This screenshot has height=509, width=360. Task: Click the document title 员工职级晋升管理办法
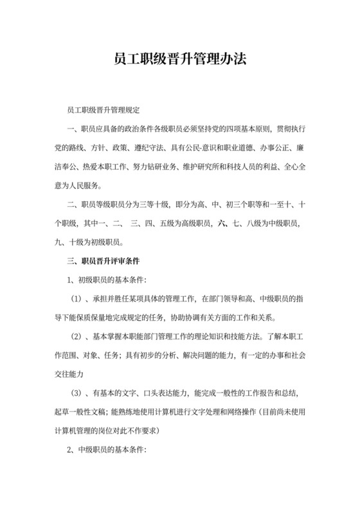coord(180,60)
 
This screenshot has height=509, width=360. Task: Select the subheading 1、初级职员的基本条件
coord(107,280)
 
